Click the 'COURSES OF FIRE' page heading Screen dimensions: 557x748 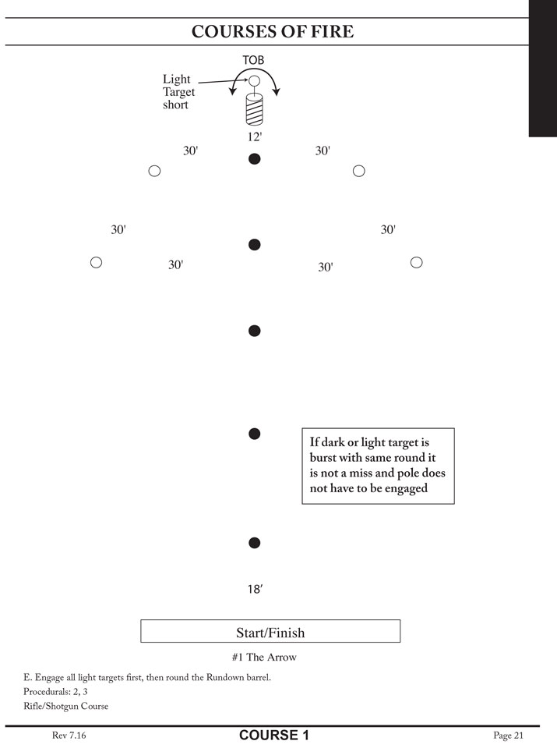click(x=273, y=31)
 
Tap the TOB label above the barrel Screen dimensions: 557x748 click(x=253, y=60)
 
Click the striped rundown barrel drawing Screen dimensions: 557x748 click(x=255, y=109)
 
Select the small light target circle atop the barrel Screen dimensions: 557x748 click(x=255, y=80)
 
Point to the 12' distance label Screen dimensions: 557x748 click(x=255, y=137)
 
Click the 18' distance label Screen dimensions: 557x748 click(x=256, y=589)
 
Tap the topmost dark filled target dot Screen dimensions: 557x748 click(x=255, y=159)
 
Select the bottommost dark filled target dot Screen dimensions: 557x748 click(x=255, y=543)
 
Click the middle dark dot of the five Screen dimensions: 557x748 click(x=255, y=331)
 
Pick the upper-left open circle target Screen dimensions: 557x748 click(x=154, y=171)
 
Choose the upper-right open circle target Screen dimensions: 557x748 click(x=359, y=171)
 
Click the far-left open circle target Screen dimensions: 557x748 click(x=96, y=262)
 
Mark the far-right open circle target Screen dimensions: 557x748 click(x=417, y=262)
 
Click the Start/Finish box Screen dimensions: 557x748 click(x=270, y=631)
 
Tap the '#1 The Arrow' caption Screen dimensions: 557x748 click(x=264, y=658)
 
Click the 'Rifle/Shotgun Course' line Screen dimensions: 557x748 click(x=65, y=706)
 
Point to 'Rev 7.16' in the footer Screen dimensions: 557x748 click(x=69, y=735)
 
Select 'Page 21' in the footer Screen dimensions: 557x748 click(x=508, y=736)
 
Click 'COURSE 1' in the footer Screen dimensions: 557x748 click(x=274, y=735)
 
